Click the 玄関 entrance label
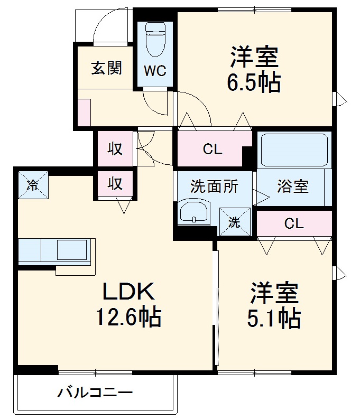[x=107, y=68]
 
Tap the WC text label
[x=155, y=70]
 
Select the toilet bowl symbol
[x=155, y=40]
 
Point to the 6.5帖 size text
[x=254, y=82]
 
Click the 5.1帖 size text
[x=274, y=318]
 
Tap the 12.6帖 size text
[x=128, y=317]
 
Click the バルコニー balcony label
[x=95, y=393]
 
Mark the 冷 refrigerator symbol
[x=32, y=184]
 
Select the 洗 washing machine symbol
[x=234, y=222]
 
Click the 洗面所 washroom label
[x=214, y=186]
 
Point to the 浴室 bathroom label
[x=293, y=186]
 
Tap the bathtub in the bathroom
[x=294, y=151]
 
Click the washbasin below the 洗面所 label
[x=194, y=213]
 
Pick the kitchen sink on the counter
[x=71, y=249]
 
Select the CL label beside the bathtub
[x=213, y=150]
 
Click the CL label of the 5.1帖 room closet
[x=294, y=223]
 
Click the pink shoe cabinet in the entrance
[x=84, y=112]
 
